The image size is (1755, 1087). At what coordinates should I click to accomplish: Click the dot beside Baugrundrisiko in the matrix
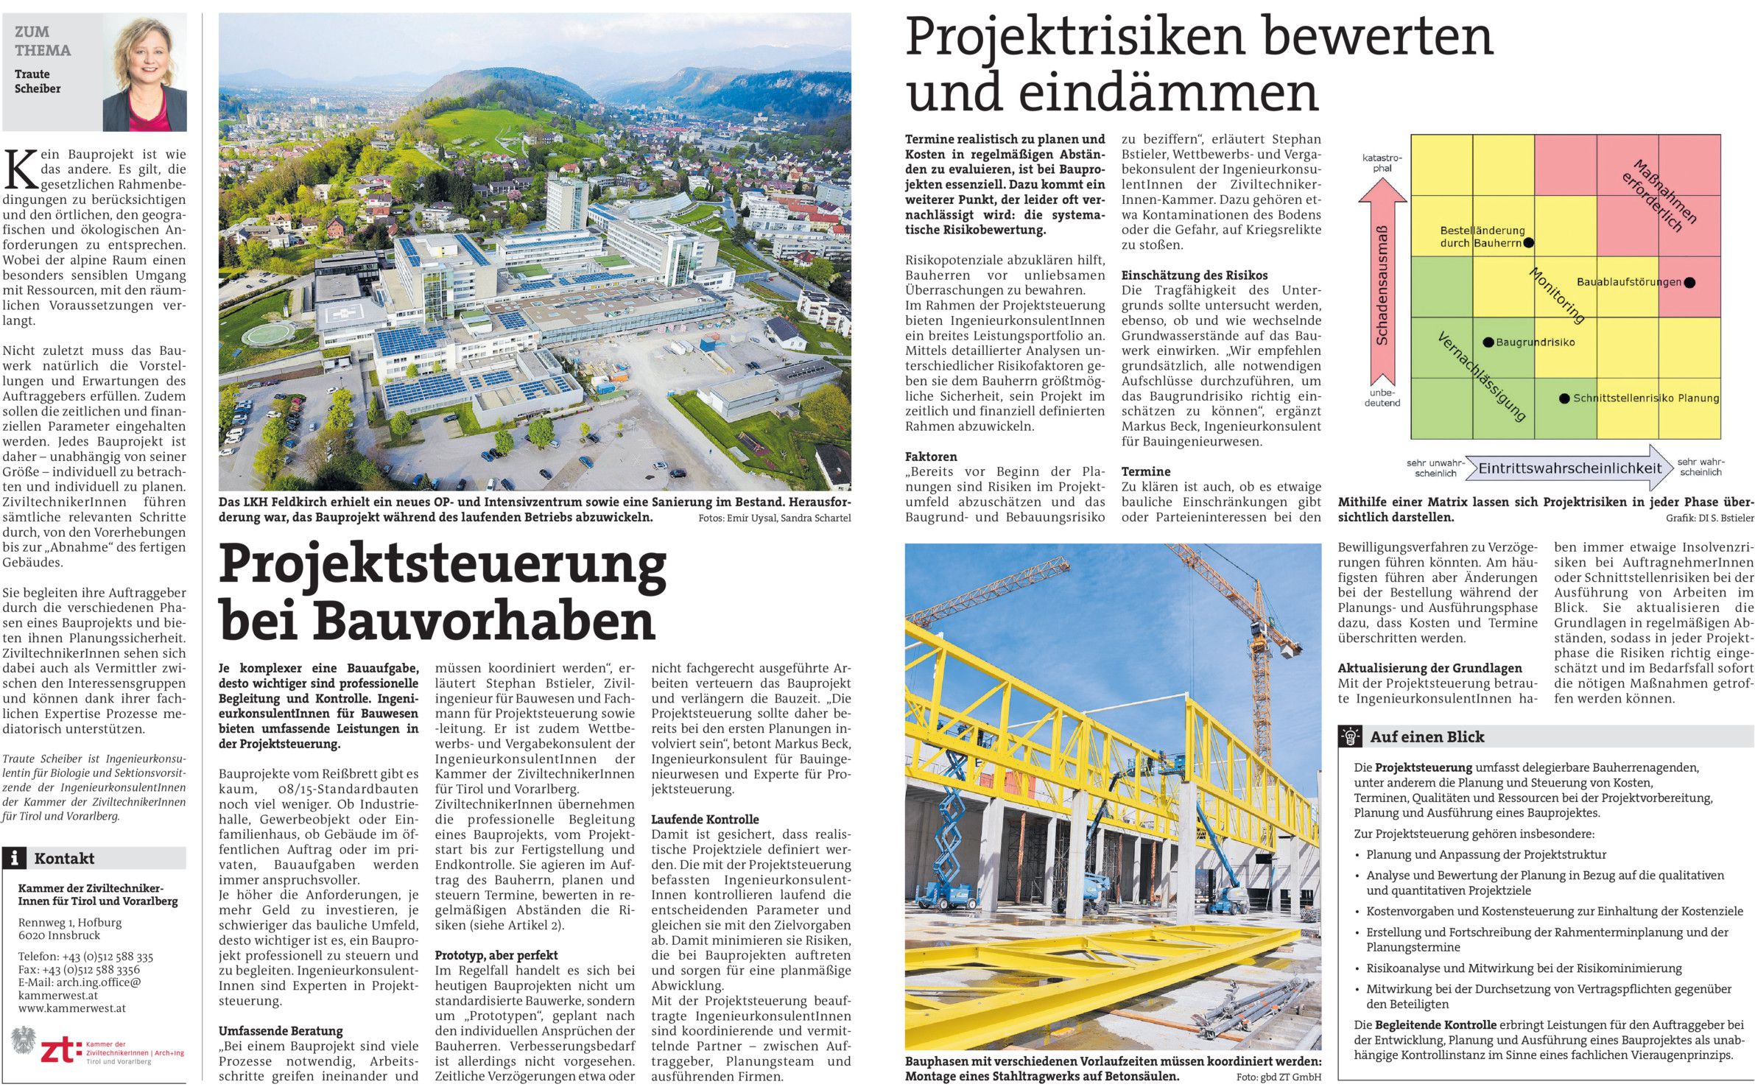pyautogui.click(x=1488, y=342)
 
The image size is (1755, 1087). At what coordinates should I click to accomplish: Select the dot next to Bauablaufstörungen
pyautogui.click(x=1689, y=282)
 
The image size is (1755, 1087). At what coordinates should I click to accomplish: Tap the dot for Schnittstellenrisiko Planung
pyautogui.click(x=1564, y=398)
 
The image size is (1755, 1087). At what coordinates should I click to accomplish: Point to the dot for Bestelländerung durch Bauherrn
pyautogui.click(x=1529, y=242)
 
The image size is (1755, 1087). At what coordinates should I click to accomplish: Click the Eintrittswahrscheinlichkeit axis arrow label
pyautogui.click(x=1569, y=468)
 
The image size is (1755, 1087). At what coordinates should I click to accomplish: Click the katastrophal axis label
pyautogui.click(x=1382, y=163)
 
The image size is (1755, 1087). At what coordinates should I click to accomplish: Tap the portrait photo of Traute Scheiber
pyautogui.click(x=144, y=74)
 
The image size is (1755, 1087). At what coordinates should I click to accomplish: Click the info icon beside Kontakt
pyautogui.click(x=14, y=858)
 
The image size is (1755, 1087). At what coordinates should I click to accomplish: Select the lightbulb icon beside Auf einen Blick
pyautogui.click(x=1350, y=736)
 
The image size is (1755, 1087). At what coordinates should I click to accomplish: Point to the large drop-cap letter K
pyautogui.click(x=20, y=169)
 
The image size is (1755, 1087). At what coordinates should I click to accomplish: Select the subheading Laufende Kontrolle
pyautogui.click(x=704, y=819)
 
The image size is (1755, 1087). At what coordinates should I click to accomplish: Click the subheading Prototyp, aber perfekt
pyautogui.click(x=496, y=955)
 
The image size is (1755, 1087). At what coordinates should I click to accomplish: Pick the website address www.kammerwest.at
pyautogui.click(x=71, y=1008)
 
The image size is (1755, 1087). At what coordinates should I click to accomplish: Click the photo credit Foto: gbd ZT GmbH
pyautogui.click(x=1279, y=1077)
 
